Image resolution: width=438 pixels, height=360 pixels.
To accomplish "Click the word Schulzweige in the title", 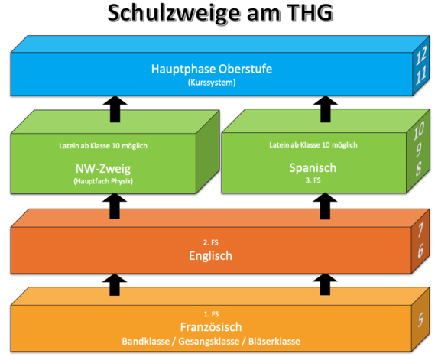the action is click(174, 13).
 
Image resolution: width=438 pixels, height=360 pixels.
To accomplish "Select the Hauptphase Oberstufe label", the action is click(212, 69).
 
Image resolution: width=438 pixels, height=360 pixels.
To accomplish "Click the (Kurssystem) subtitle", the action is click(212, 83).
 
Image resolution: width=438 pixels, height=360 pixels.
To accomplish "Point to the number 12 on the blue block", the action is click(421, 56).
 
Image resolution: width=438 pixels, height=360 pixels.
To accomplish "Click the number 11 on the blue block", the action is click(421, 76).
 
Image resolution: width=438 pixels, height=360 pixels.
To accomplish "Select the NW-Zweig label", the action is click(103, 169).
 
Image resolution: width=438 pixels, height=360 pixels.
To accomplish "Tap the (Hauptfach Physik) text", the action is click(103, 181).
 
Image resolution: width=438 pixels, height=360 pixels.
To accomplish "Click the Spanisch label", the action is click(313, 168).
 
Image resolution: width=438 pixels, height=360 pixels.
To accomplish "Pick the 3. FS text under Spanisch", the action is click(313, 180).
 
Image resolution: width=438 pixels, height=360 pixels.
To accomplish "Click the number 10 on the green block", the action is click(419, 131).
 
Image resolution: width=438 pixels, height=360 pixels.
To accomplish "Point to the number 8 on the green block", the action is click(418, 168).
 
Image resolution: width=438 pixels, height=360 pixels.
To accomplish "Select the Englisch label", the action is click(210, 256).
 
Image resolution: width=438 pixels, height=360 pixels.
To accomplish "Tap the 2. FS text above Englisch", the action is click(211, 242).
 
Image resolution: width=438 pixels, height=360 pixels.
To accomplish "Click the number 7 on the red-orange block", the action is click(420, 229).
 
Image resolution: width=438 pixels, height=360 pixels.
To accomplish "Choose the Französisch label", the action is click(211, 327).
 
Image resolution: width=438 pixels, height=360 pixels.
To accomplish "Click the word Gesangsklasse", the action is click(209, 342).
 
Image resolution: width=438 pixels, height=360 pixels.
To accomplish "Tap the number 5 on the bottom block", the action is click(420, 319).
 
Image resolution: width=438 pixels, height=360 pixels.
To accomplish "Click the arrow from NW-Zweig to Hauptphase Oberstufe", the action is click(115, 109).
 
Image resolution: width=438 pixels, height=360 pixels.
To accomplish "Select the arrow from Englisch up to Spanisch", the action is click(325, 206).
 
